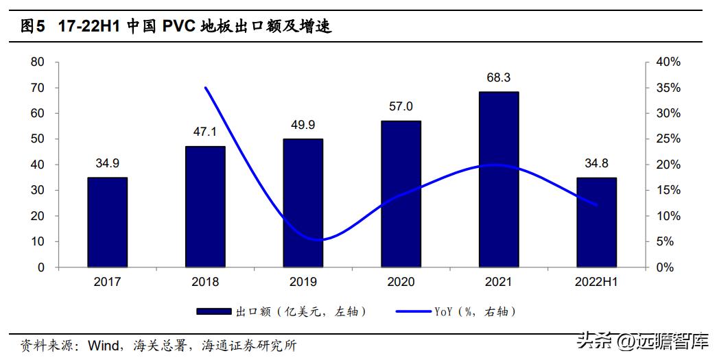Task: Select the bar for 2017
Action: (107, 222)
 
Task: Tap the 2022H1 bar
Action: (596, 222)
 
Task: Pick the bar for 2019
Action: (303, 203)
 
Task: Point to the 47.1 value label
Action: (205, 132)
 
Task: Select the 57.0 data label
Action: (401, 106)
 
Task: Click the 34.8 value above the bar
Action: (596, 163)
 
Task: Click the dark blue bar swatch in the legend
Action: (213, 312)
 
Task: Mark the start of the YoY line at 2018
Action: (205, 88)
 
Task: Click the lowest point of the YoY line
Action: (320, 240)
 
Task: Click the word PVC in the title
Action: (179, 27)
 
